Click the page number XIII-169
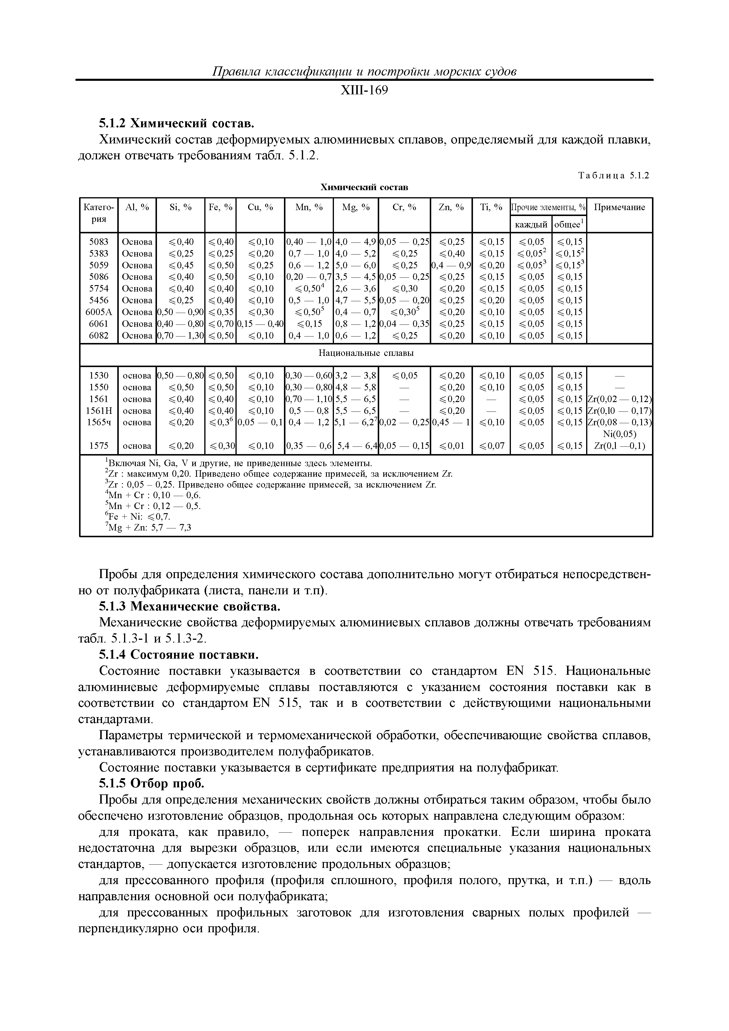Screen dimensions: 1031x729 [364, 91]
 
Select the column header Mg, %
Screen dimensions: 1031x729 [356, 207]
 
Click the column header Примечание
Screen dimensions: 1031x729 [619, 207]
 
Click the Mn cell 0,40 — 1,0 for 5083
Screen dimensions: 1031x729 [309, 242]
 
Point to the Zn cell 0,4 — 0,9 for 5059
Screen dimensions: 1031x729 [451, 265]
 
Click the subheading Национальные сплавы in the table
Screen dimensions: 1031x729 [366, 353]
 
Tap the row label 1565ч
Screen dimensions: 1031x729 [99, 422]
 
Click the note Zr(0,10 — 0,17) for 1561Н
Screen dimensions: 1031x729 [619, 410]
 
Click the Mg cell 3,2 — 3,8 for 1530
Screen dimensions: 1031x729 [356, 375]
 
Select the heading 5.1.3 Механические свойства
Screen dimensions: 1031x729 [189, 607]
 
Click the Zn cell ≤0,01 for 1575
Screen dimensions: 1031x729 [451, 446]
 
